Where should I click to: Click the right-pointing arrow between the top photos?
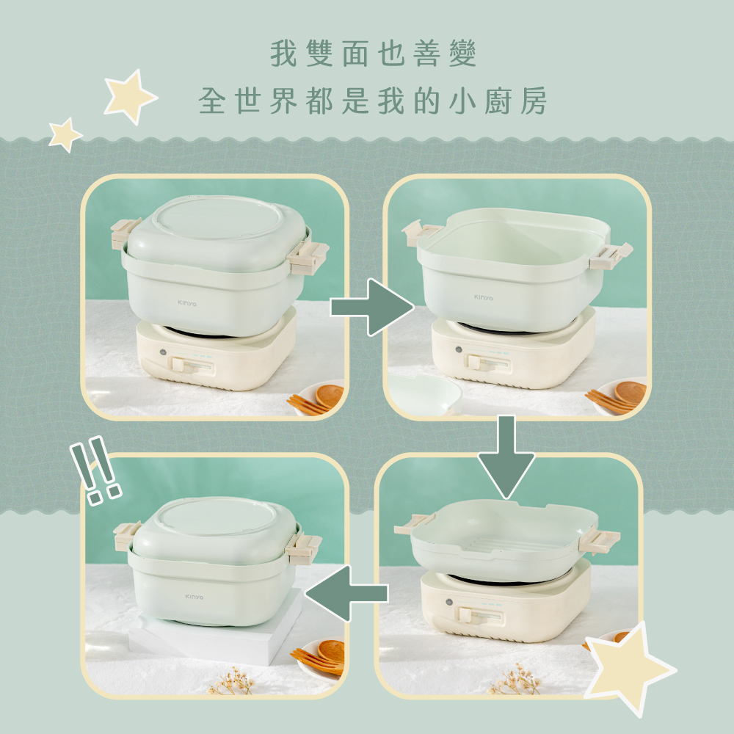(371, 307)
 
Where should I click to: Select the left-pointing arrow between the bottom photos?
(345, 592)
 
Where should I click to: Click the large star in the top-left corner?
(129, 96)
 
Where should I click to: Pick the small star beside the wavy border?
(65, 134)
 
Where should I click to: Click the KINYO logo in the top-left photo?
(186, 301)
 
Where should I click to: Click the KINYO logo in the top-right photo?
(484, 298)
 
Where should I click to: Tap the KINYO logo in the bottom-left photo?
(195, 596)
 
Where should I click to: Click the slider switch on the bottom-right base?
(468, 614)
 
